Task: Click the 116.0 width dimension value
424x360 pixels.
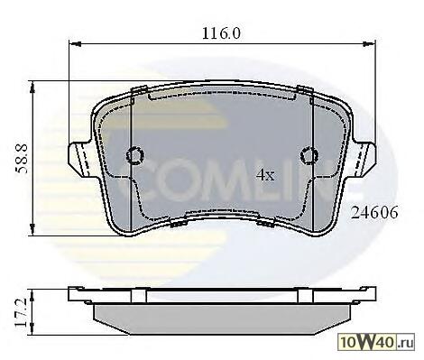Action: (221, 33)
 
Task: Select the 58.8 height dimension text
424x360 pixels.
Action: (22, 159)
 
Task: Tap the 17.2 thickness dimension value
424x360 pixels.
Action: (22, 313)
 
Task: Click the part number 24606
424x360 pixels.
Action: (374, 213)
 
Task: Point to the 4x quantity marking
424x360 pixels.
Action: (265, 174)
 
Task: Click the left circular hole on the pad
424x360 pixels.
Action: (135, 155)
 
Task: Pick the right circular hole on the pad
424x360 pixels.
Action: (309, 155)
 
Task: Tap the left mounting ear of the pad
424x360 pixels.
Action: (80, 159)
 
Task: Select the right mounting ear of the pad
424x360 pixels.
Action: (364, 159)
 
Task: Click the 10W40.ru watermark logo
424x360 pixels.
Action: (376, 342)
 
